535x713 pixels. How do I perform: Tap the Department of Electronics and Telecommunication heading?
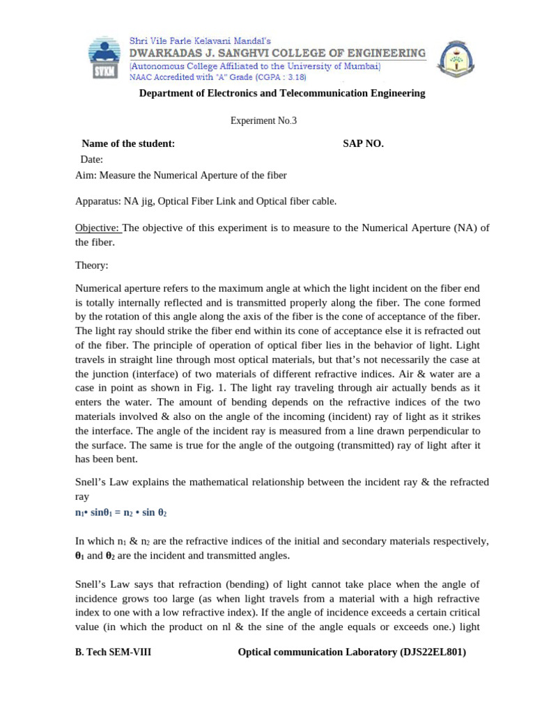pos(282,93)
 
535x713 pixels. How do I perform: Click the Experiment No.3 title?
pos(263,120)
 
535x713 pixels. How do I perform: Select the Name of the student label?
pos(128,143)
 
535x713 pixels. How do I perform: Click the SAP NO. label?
pos(363,143)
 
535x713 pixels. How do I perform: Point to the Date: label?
pos(91,159)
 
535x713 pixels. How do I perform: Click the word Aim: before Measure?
pos(86,175)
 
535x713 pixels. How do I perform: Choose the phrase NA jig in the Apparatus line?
pos(139,201)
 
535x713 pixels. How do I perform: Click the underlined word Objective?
pos(98,228)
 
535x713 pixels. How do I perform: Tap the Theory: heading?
pos(92,265)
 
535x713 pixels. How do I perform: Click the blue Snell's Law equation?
pos(121,512)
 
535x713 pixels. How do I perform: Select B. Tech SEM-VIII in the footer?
pos(113,652)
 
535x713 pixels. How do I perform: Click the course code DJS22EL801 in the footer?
pos(431,652)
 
